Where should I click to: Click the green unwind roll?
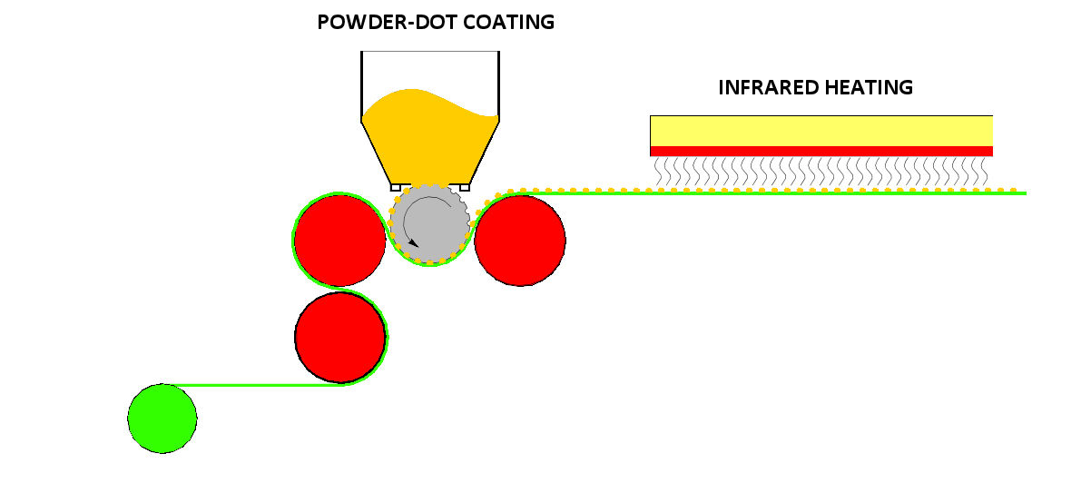coord(162,419)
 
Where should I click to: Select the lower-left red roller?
coord(340,337)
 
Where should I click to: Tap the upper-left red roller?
coord(339,240)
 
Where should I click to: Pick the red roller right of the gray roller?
coord(520,241)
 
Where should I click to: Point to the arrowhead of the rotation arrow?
coord(413,242)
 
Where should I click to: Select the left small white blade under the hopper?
coord(396,187)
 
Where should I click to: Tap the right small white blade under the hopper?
coord(465,187)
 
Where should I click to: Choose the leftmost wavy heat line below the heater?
coord(657,172)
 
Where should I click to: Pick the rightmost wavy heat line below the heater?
coord(984,172)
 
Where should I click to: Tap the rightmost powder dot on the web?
coord(1013,190)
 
